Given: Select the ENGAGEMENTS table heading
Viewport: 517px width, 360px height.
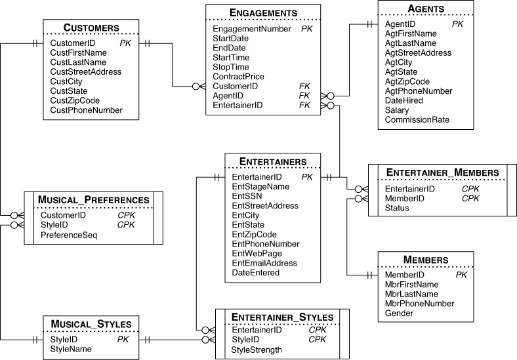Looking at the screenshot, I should coord(263,12).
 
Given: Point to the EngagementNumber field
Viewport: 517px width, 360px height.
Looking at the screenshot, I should coord(251,29).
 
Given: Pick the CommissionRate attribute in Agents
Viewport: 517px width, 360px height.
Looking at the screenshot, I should coord(417,120).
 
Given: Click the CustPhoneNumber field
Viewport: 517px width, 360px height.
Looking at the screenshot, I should coord(86,110).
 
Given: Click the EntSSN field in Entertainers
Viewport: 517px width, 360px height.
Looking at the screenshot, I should coord(246,196).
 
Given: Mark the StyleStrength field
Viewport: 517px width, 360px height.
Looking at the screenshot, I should coord(257,350).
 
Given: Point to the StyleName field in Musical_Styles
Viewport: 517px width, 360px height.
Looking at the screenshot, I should coord(70,350).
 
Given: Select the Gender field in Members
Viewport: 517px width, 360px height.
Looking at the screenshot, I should coord(399,313).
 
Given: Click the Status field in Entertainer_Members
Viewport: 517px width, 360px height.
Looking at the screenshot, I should coord(397,208).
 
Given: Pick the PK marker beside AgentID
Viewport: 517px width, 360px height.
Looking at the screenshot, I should coord(457,24).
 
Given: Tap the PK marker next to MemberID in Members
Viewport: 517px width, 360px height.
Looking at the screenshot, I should coord(461,275).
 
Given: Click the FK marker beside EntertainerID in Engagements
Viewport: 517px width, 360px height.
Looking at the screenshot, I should coord(304,105).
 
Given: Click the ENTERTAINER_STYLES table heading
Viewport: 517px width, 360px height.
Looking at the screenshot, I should coord(282,317).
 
